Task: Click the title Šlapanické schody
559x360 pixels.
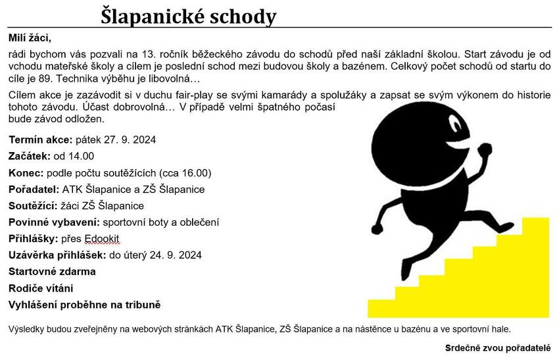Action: [188, 16]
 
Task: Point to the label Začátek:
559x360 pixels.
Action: [30, 156]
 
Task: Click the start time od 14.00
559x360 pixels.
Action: [74, 156]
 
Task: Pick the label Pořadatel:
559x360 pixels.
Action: [34, 190]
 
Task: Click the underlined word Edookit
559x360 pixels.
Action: [102, 239]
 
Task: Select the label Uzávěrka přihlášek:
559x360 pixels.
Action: [57, 255]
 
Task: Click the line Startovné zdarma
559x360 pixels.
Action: [52, 272]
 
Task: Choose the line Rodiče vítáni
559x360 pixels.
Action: [41, 288]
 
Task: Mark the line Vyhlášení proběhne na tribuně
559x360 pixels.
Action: [84, 305]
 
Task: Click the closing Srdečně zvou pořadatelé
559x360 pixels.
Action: [498, 347]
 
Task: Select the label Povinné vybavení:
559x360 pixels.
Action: [54, 222]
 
